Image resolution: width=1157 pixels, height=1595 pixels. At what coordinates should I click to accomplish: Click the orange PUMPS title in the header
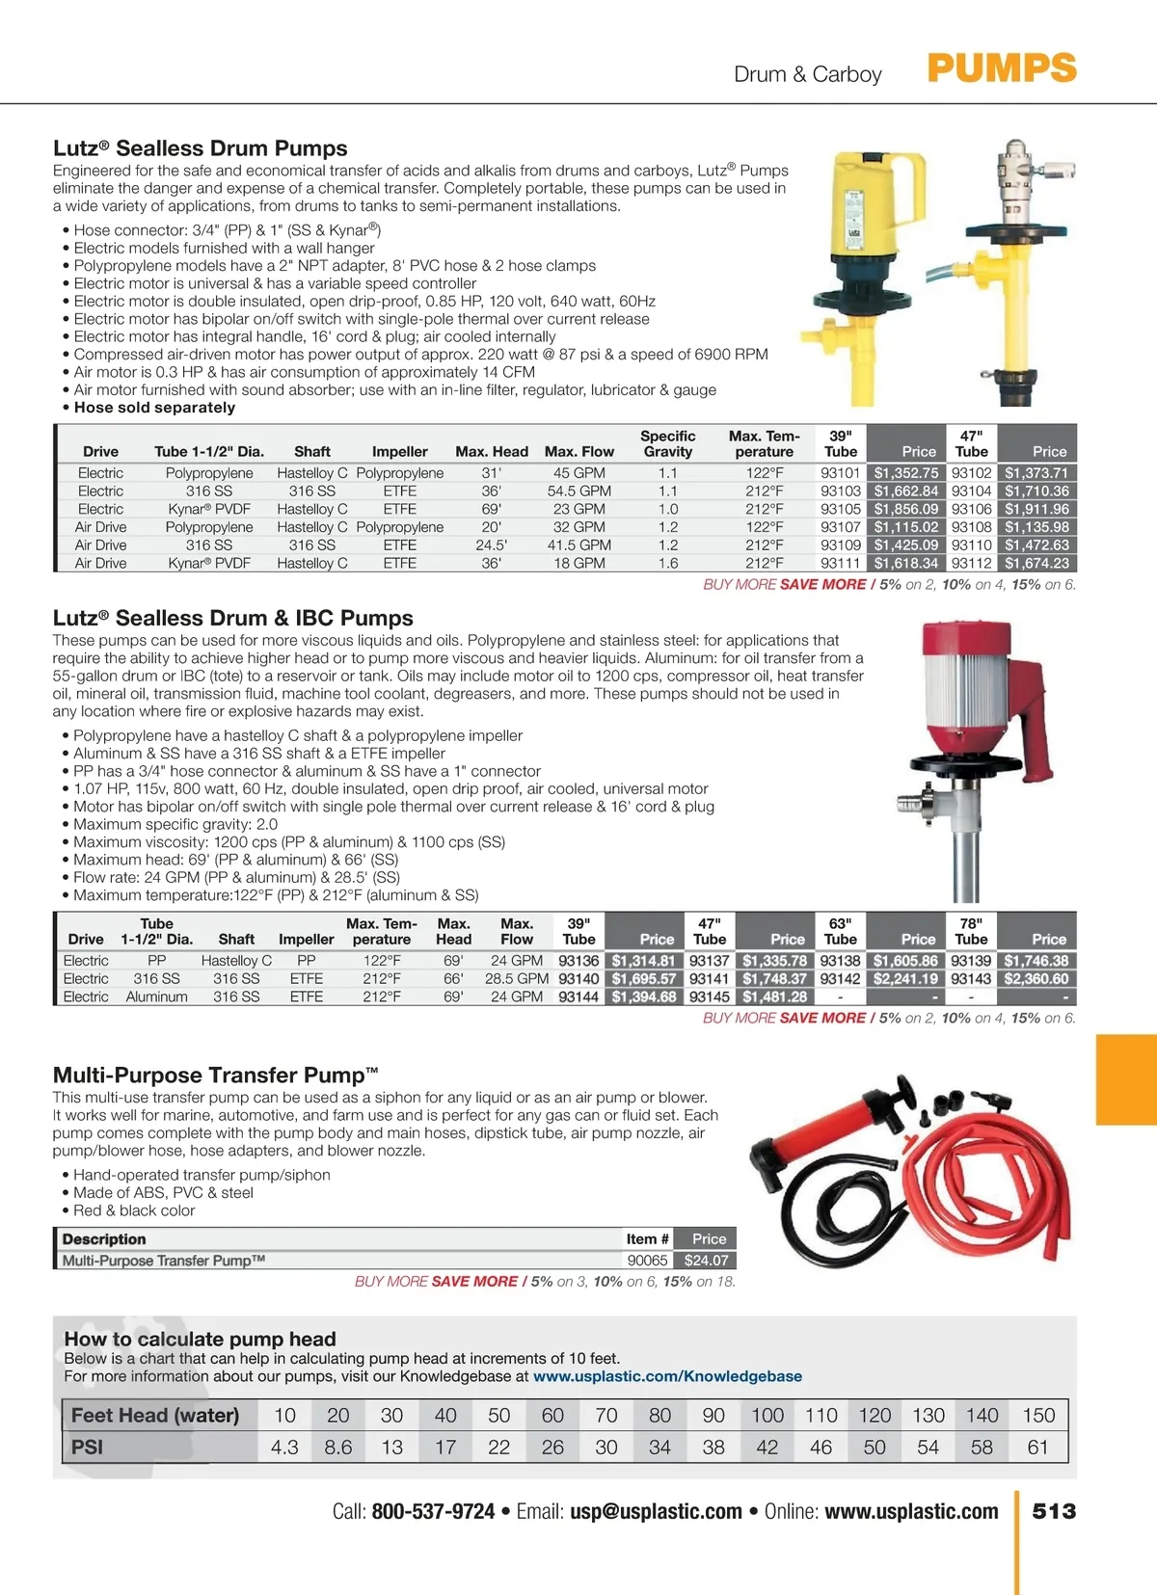click(x=1001, y=68)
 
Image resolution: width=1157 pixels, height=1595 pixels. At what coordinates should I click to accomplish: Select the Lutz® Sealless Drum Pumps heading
click(x=200, y=148)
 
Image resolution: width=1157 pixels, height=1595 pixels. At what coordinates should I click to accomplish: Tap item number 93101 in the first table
click(x=840, y=473)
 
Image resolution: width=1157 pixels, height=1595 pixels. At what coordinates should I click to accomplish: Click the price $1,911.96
click(x=1036, y=509)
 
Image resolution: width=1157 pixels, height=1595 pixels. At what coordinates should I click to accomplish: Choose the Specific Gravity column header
click(x=668, y=443)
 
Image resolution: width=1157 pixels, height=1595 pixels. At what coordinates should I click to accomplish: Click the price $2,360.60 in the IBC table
click(x=1036, y=979)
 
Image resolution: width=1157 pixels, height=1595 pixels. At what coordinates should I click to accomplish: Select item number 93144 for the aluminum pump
click(x=578, y=997)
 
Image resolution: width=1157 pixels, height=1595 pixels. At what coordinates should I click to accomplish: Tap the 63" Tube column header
click(x=840, y=931)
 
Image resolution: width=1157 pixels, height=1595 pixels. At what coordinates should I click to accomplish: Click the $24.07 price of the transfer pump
click(x=706, y=1261)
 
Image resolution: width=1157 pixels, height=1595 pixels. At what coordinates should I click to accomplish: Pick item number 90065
click(x=647, y=1261)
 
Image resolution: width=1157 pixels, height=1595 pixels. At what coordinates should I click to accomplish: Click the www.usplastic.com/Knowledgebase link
click(x=667, y=1376)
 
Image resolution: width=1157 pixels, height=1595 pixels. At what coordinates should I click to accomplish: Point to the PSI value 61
click(x=1037, y=1447)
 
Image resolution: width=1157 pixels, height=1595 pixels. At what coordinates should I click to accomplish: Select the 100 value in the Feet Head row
click(x=767, y=1415)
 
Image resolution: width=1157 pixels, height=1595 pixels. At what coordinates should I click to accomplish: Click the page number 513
click(x=1054, y=1511)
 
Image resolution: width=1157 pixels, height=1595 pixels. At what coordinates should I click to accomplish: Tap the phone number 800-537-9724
click(x=433, y=1511)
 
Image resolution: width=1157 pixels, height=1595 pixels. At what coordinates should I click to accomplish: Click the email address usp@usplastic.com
click(x=656, y=1511)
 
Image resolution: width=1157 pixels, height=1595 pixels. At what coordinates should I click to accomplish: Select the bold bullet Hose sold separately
click(x=154, y=408)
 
